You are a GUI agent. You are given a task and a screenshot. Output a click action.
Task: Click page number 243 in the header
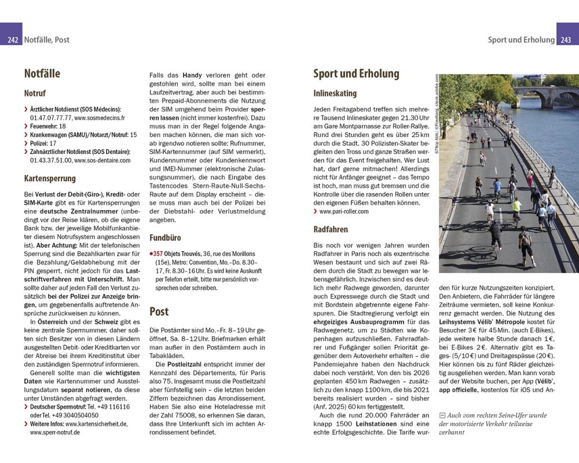coord(567,40)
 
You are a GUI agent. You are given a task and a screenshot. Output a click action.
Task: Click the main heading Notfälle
coord(42,74)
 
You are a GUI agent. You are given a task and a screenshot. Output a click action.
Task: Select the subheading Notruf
coord(35,93)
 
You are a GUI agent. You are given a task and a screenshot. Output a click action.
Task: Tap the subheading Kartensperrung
coord(50,179)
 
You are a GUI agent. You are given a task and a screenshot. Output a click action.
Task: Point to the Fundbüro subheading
coord(165,238)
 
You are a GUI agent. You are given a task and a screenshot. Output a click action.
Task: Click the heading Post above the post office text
coord(159,312)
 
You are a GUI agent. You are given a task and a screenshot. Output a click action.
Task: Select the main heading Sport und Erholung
coord(356,74)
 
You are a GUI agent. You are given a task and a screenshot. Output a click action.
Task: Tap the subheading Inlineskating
coord(335,93)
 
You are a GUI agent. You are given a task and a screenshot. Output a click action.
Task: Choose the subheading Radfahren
coord(331,229)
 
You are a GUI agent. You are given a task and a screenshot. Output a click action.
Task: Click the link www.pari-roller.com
coord(344,212)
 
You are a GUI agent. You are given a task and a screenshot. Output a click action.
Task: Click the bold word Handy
coord(192,75)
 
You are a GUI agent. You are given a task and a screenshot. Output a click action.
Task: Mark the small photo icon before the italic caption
coord(442,416)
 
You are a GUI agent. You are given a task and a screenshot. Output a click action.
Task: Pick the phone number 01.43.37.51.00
coord(51,160)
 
